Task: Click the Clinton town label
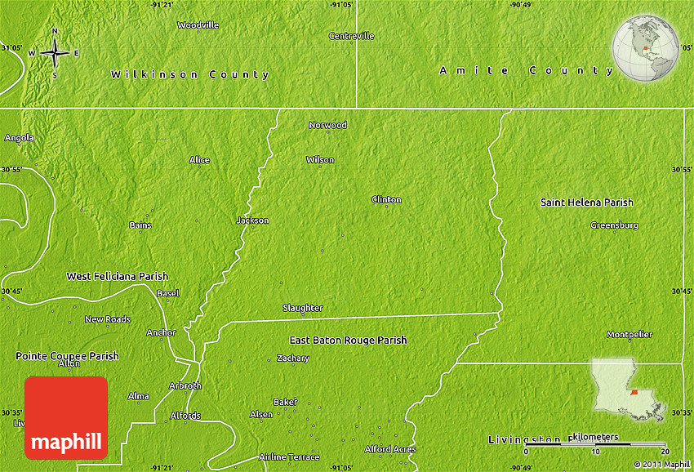(x=386, y=199)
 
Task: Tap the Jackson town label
(x=252, y=220)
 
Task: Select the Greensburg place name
(x=614, y=225)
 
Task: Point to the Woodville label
(x=198, y=25)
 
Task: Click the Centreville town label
(x=351, y=36)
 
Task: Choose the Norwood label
(x=327, y=125)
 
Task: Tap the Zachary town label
(x=292, y=358)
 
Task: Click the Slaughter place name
(x=302, y=308)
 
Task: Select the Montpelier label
(x=629, y=335)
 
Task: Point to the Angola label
(x=19, y=138)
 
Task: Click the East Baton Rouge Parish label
(x=348, y=340)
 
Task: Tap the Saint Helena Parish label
(x=586, y=202)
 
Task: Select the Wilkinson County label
(x=189, y=74)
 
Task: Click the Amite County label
(x=527, y=71)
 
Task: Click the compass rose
(x=55, y=53)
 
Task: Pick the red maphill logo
(x=66, y=417)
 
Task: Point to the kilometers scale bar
(x=596, y=444)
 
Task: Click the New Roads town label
(x=107, y=319)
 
